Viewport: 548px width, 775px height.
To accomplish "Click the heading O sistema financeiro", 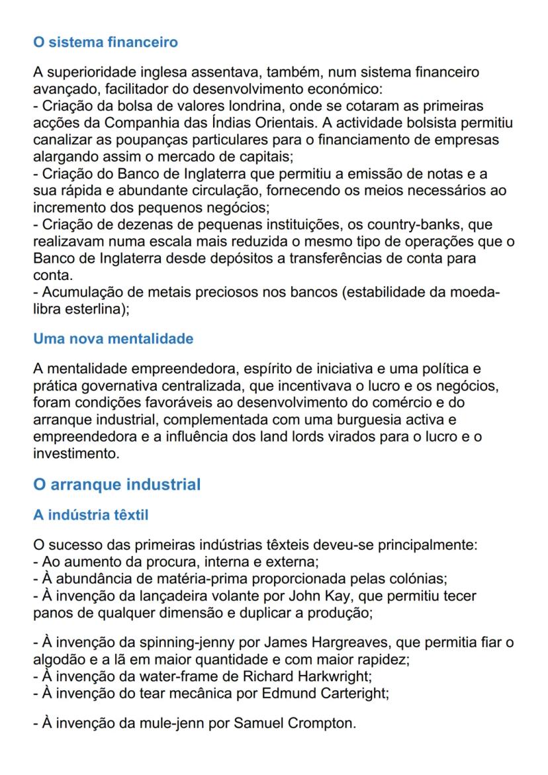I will [x=105, y=43].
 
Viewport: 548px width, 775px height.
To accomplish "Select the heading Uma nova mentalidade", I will [x=113, y=339].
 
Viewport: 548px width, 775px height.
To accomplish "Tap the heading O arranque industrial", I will [x=116, y=484].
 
